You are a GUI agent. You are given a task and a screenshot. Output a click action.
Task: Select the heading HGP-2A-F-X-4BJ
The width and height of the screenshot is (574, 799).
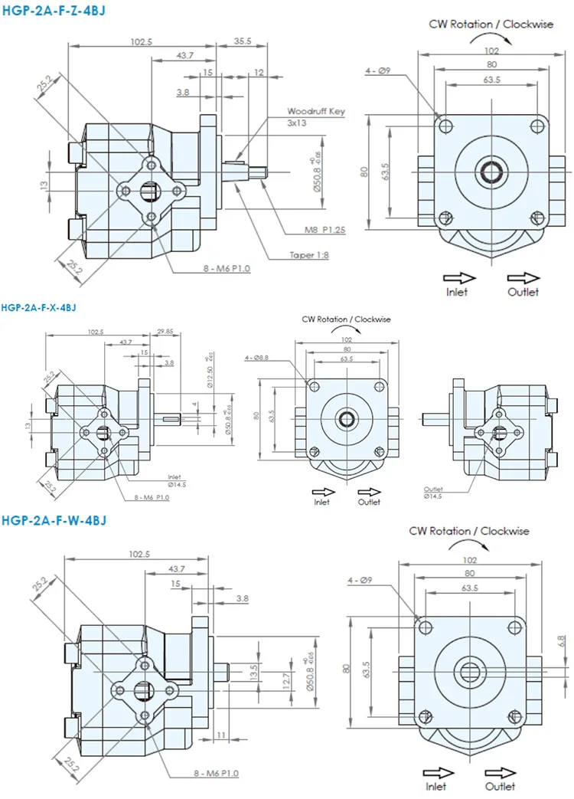pyautogui.click(x=39, y=308)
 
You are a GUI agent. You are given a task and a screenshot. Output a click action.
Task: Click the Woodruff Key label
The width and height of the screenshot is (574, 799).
pyautogui.click(x=316, y=111)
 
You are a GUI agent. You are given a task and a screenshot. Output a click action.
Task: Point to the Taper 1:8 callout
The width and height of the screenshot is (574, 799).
pyautogui.click(x=308, y=256)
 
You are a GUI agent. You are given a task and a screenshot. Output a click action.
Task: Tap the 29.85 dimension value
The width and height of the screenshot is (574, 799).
pyautogui.click(x=165, y=331)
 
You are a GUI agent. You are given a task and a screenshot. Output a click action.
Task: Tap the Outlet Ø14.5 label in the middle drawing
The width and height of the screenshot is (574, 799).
pyautogui.click(x=435, y=492)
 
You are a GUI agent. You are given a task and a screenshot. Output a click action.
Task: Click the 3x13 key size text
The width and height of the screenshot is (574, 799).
pyautogui.click(x=297, y=123)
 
